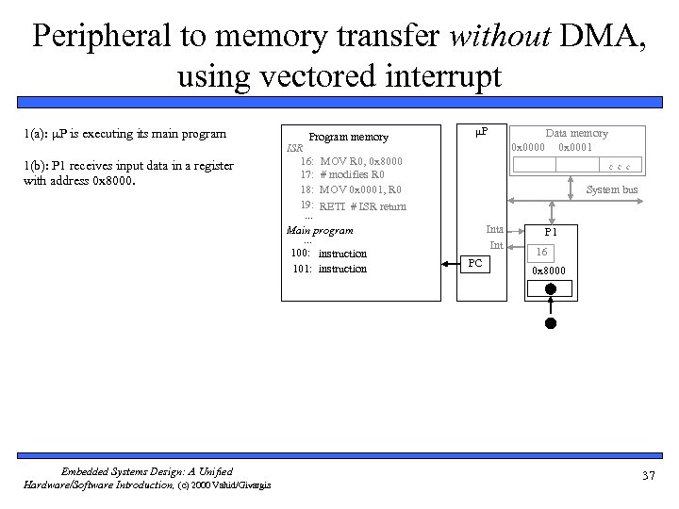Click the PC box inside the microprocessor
click(476, 263)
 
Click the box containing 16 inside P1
click(541, 252)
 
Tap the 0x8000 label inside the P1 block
click(549, 271)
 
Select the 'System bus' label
click(611, 189)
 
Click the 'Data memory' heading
click(577, 133)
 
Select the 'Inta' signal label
click(494, 229)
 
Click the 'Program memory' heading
click(349, 137)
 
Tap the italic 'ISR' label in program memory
click(294, 148)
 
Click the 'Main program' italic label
click(320, 230)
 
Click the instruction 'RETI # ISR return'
click(362, 206)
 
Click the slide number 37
click(647, 475)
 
